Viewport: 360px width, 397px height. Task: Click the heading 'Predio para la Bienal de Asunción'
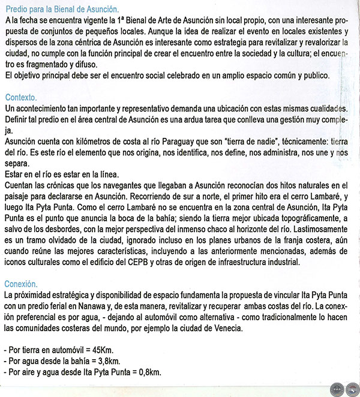61,10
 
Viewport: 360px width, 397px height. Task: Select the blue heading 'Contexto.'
20,97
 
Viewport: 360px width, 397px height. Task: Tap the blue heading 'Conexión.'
21,284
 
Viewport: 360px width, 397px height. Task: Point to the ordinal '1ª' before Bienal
122,20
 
